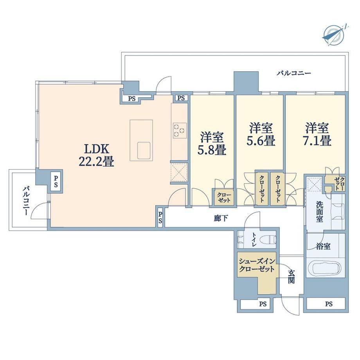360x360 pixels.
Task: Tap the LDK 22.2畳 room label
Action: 96,155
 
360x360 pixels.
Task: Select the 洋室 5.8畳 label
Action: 212,144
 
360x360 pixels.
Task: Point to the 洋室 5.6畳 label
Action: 261,134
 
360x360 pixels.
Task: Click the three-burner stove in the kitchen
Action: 180,131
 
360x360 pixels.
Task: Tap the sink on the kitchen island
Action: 144,150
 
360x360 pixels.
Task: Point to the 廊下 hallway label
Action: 221,218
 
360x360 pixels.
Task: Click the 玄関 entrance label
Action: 292,276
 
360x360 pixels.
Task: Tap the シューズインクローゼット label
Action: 257,265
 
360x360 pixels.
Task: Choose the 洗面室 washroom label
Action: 319,211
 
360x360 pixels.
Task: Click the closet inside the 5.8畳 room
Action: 224,197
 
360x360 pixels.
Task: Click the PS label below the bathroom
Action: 329,304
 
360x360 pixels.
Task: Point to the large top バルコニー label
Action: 293,73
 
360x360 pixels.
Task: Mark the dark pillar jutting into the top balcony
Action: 246,82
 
